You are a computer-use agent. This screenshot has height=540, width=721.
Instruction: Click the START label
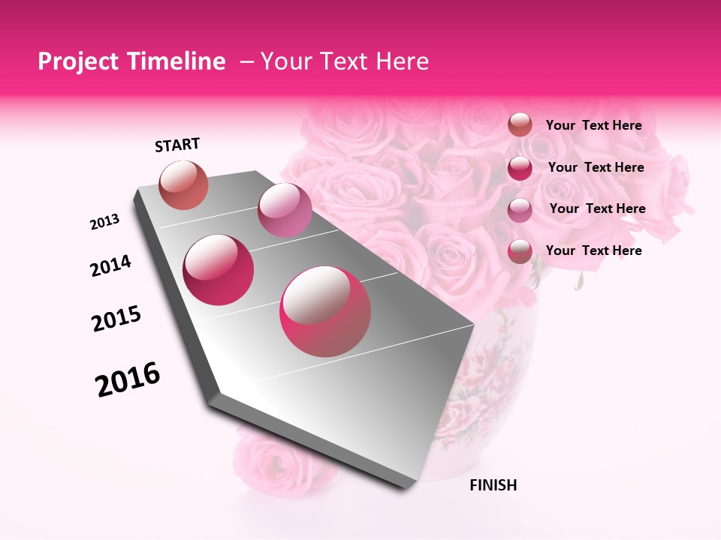click(177, 145)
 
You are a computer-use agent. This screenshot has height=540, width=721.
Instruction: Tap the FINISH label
click(493, 485)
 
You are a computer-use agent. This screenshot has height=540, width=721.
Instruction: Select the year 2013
click(104, 222)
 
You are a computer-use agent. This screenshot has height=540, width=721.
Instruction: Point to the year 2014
click(110, 265)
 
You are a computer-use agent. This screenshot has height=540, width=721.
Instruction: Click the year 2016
click(128, 379)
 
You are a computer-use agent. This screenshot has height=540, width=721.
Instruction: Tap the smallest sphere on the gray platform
click(184, 184)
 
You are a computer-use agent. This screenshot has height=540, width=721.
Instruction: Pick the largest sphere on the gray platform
click(325, 311)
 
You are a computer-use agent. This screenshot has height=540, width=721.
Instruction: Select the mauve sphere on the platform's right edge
click(285, 209)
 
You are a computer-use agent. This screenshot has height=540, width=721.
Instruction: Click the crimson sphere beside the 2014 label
click(219, 270)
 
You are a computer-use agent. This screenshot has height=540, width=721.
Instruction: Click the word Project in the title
click(77, 61)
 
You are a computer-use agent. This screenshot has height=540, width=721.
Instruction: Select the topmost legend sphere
click(520, 124)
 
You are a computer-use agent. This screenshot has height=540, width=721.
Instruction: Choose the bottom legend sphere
click(520, 250)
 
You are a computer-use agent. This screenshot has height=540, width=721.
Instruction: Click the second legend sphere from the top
click(520, 167)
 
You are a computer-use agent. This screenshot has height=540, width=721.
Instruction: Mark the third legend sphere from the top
click(520, 209)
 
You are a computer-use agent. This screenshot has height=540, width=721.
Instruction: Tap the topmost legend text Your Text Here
click(593, 125)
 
